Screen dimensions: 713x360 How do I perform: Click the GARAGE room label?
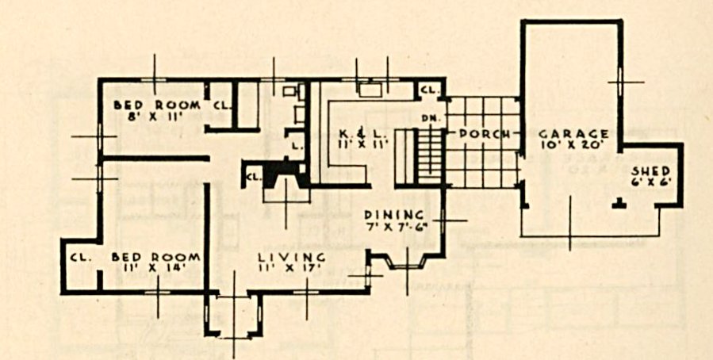click(573, 134)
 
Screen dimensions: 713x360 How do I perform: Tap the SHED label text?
click(651, 171)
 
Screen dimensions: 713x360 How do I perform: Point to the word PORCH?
click(482, 135)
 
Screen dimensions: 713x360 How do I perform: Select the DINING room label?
click(394, 214)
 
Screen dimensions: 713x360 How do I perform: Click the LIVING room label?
click(292, 257)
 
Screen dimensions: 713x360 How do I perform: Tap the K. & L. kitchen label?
click(363, 135)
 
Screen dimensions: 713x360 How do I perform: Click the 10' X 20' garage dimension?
click(573, 145)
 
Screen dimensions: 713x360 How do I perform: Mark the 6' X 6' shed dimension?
click(652, 182)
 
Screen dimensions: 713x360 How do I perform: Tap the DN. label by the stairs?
click(429, 117)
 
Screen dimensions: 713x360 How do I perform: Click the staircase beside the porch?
click(418, 157)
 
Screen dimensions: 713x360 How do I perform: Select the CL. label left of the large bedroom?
click(81, 257)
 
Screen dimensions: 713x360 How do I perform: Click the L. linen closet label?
click(296, 147)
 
